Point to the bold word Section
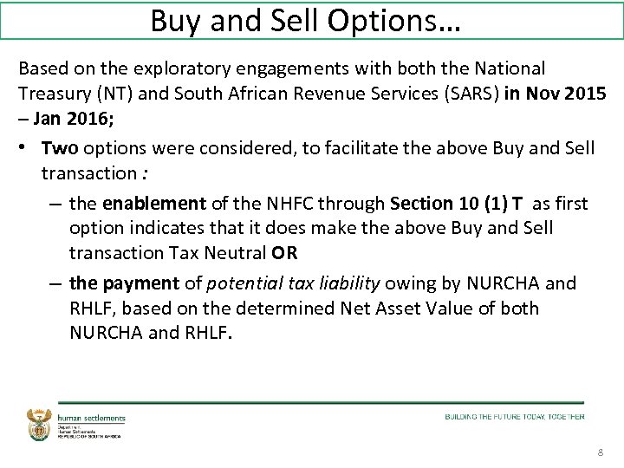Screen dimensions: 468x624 [x=422, y=204]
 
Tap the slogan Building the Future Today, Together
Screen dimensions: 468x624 [x=515, y=417]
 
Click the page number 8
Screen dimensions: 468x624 [x=601, y=453]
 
